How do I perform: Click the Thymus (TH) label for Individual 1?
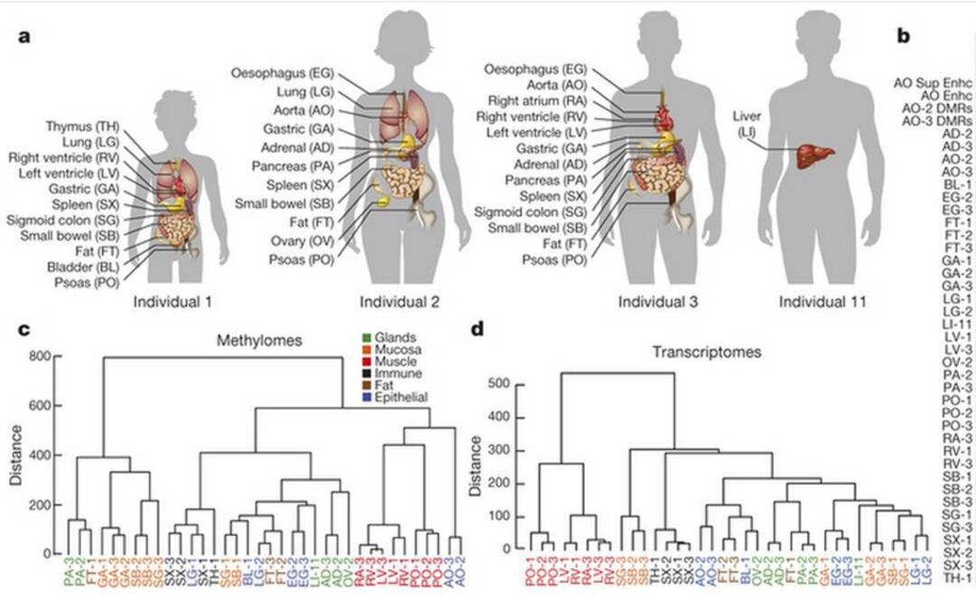click(x=79, y=127)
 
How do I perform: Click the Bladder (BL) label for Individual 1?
click(x=83, y=268)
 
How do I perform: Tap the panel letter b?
click(x=902, y=36)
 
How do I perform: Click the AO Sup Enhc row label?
click(x=933, y=82)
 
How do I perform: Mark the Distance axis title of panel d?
click(x=471, y=467)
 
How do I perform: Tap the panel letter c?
click(x=25, y=328)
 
